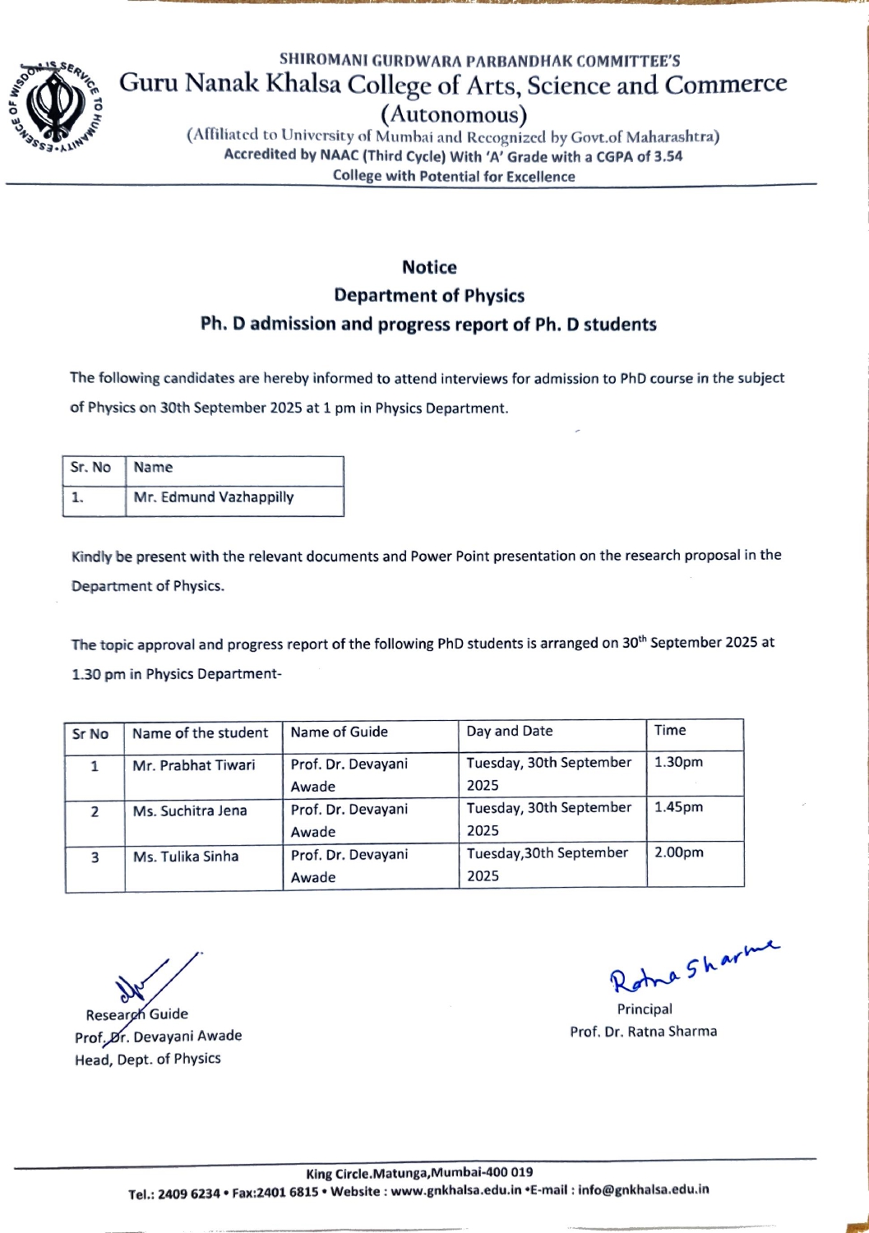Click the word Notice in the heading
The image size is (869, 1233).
tap(429, 267)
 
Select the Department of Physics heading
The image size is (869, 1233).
tap(429, 296)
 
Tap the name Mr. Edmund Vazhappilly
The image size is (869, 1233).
tap(214, 497)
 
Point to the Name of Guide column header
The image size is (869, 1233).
tap(339, 732)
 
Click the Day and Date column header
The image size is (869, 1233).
tap(510, 732)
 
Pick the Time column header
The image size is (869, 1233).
tap(670, 731)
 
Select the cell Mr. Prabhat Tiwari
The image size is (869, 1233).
tap(194, 765)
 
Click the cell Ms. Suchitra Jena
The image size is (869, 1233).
tap(190, 811)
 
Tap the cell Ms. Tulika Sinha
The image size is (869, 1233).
tap(186, 857)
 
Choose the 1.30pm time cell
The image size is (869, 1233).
tap(679, 763)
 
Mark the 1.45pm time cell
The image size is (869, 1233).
tap(679, 808)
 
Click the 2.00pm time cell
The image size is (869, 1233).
tap(679, 853)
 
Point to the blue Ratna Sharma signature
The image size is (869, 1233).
tap(692, 967)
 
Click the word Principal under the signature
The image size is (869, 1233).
tap(645, 1009)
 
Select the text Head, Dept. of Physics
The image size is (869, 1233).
tap(148, 1060)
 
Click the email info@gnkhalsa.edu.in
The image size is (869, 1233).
tap(643, 1189)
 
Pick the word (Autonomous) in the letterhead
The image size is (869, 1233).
tap(454, 114)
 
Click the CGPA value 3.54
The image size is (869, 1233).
tap(668, 156)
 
